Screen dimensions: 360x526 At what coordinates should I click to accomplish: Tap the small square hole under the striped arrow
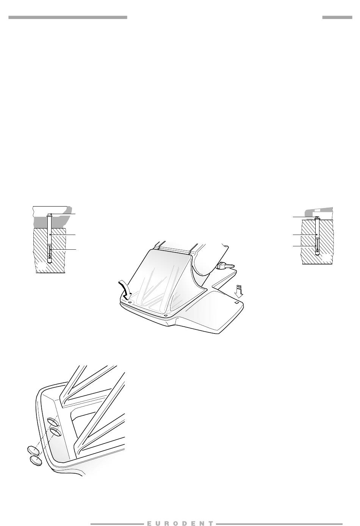(237, 303)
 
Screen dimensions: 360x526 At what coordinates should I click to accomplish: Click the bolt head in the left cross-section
(50, 214)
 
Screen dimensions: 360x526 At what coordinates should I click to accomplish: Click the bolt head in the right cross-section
(317, 218)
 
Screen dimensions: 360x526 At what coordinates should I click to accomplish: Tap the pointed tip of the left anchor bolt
(50, 263)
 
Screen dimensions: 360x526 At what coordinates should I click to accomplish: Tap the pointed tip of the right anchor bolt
(317, 255)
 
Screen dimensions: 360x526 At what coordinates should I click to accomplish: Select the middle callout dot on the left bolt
(50, 235)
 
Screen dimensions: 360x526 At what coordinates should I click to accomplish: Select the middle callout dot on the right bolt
(317, 234)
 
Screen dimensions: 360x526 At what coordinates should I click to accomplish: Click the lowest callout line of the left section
(63, 249)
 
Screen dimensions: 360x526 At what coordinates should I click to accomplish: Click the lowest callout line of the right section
(305, 246)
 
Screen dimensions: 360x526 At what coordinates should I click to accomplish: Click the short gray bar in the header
(337, 17)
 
